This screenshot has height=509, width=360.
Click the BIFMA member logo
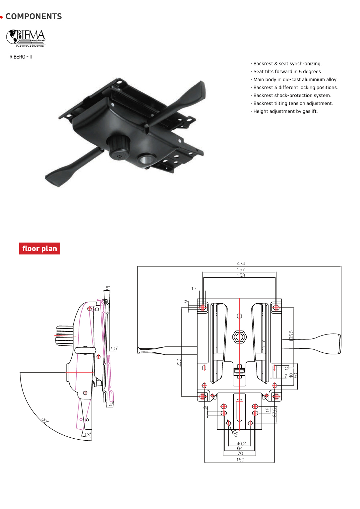tap(26, 38)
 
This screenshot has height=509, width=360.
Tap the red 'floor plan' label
tap(39, 249)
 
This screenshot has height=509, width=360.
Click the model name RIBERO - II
tap(21, 57)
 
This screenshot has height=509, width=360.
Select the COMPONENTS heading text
tap(33, 17)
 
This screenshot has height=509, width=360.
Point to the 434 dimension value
tap(241, 263)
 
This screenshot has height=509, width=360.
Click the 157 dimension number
tap(241, 269)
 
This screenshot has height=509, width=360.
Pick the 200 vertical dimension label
tap(179, 362)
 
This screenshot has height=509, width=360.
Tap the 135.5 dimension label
tap(291, 336)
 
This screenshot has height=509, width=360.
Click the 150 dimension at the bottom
tap(240, 460)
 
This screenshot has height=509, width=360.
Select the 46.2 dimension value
tap(241, 443)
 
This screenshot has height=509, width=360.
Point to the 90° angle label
tap(45, 420)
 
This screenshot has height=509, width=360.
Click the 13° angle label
tap(88, 434)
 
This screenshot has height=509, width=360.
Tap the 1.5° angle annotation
tap(114, 348)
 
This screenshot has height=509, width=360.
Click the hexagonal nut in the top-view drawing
tap(239, 337)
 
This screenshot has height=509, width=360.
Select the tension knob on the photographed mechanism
tap(118, 148)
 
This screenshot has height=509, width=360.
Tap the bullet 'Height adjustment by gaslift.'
tap(285, 111)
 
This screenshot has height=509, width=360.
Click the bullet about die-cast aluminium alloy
tap(295, 80)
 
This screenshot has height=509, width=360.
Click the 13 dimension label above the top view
tap(194, 288)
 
